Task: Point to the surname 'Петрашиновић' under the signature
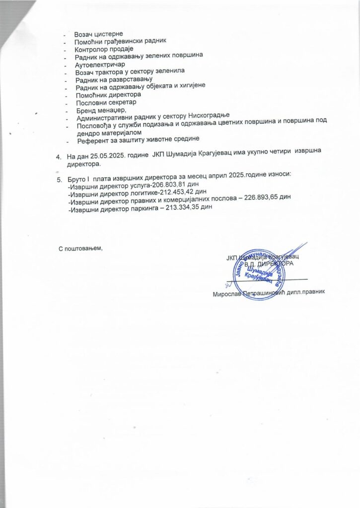coord(258,293)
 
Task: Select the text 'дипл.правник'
coord(304,293)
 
